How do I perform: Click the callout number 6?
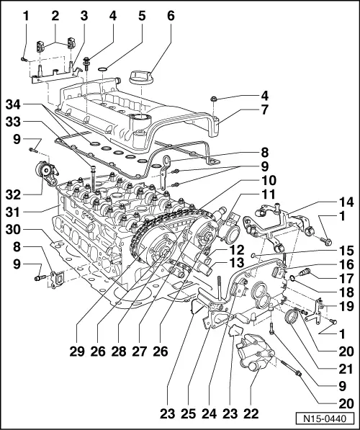(x=171, y=14)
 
